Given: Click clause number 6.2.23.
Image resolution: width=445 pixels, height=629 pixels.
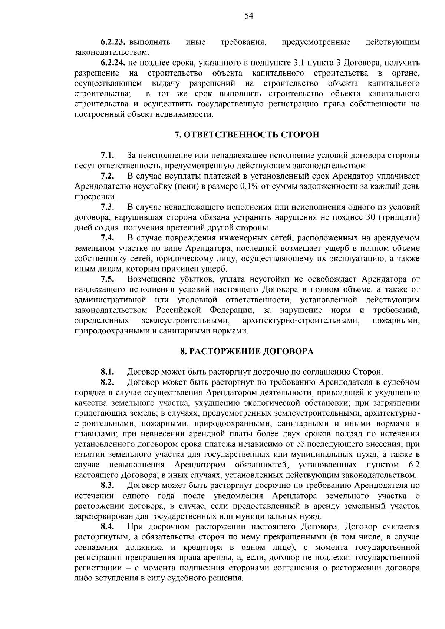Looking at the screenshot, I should pyautogui.click(x=115, y=42).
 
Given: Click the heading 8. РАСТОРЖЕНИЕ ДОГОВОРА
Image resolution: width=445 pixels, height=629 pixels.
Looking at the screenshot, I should pyautogui.click(x=247, y=351).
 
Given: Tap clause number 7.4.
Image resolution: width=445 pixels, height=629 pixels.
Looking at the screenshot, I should pyautogui.click(x=107, y=237).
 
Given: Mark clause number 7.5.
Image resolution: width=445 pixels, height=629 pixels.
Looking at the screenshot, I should pyautogui.click(x=107, y=279).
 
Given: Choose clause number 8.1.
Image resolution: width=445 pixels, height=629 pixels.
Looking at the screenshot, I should pyautogui.click(x=107, y=372).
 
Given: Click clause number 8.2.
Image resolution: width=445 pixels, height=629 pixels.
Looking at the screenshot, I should pyautogui.click(x=107, y=382).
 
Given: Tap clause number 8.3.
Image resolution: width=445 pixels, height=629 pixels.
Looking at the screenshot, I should pyautogui.click(x=107, y=485).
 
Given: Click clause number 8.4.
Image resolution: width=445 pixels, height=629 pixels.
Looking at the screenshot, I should pyautogui.click(x=107, y=527).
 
